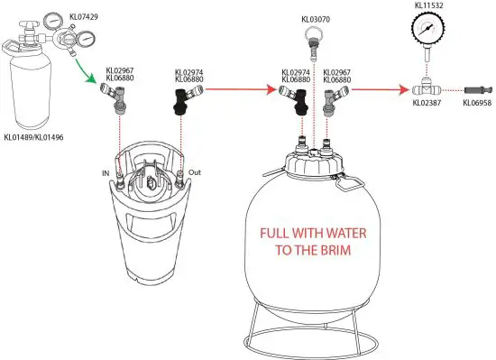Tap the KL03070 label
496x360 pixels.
pyautogui.click(x=315, y=18)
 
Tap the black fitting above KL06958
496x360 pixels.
pyautogui.click(x=476, y=90)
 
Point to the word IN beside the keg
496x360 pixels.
pyautogui.click(x=106, y=172)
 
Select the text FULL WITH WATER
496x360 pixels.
pyautogui.click(x=313, y=231)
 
